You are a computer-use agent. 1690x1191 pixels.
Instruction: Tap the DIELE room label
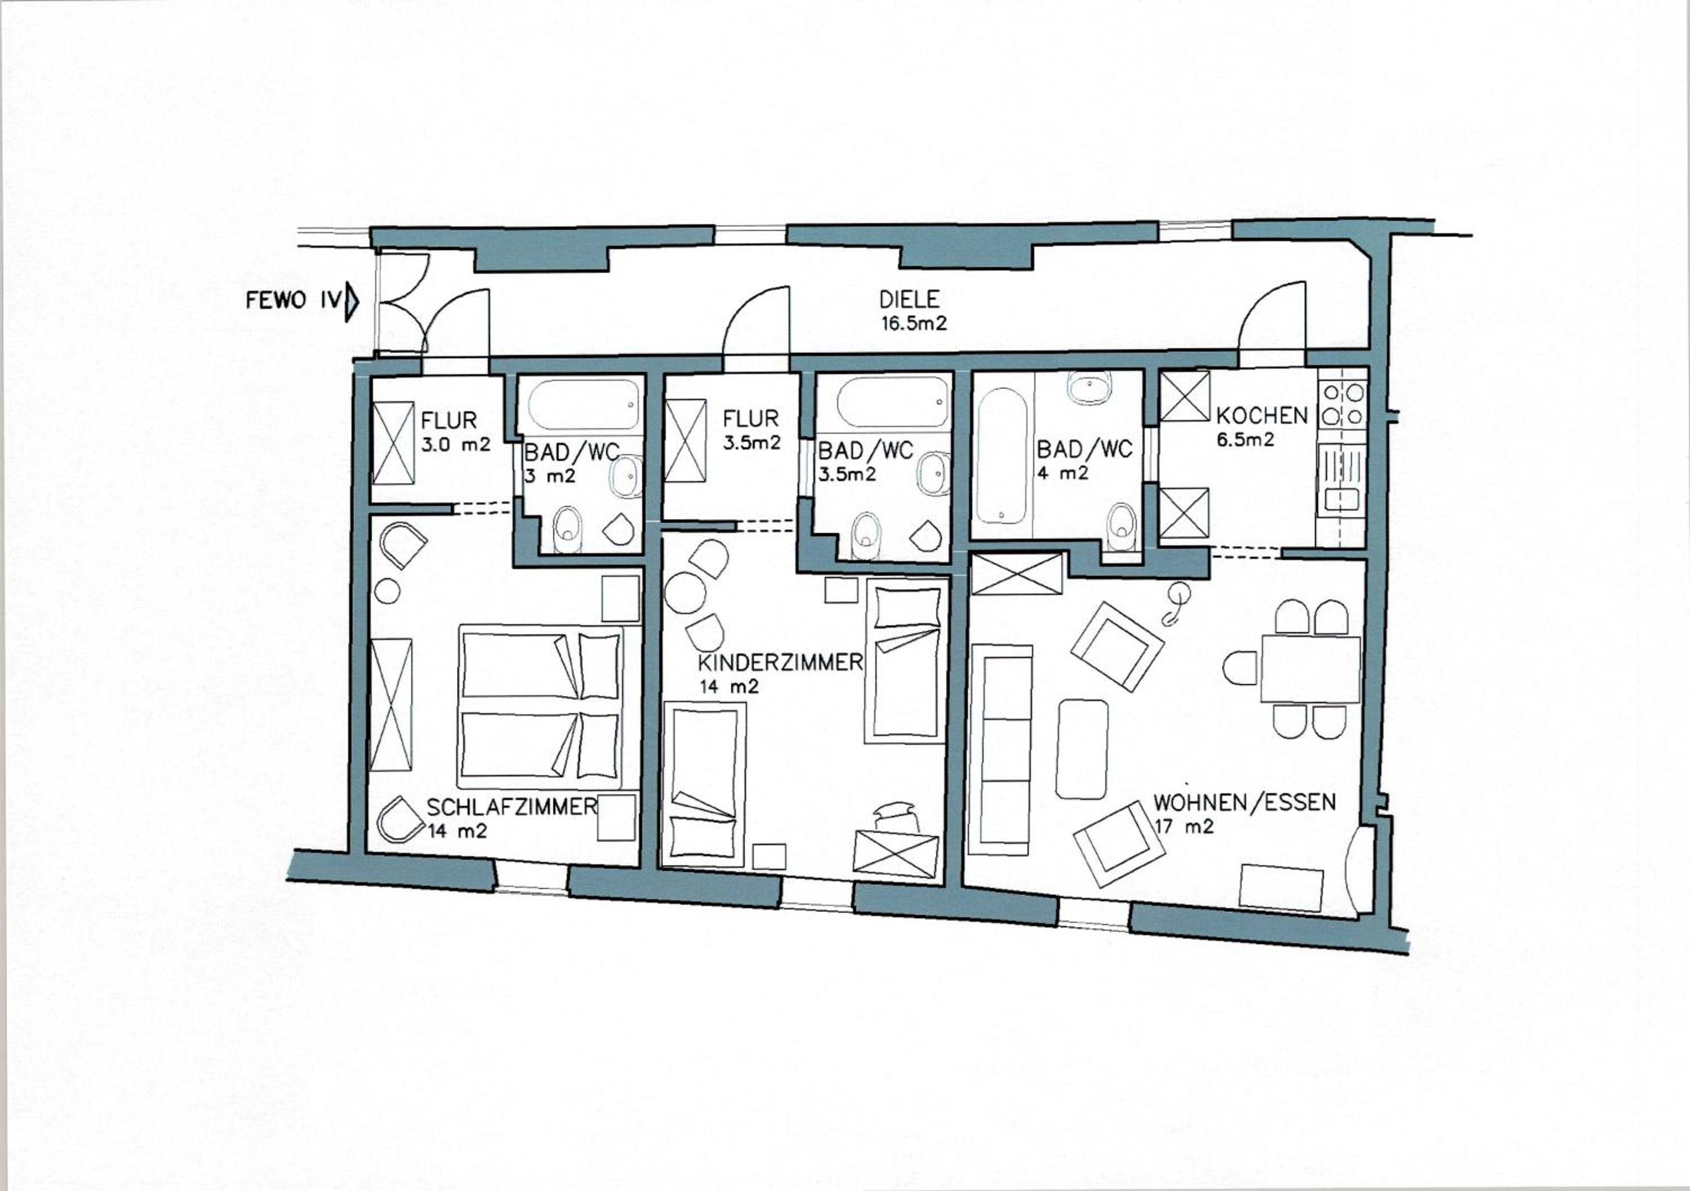(910, 300)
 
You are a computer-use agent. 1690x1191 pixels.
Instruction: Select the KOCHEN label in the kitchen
(1262, 416)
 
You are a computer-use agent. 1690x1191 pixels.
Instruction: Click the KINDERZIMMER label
(780, 663)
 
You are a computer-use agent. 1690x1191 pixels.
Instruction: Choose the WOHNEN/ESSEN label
(1244, 802)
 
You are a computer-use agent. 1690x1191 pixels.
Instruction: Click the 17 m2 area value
(1184, 826)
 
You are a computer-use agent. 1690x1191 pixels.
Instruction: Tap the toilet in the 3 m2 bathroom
(567, 528)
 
